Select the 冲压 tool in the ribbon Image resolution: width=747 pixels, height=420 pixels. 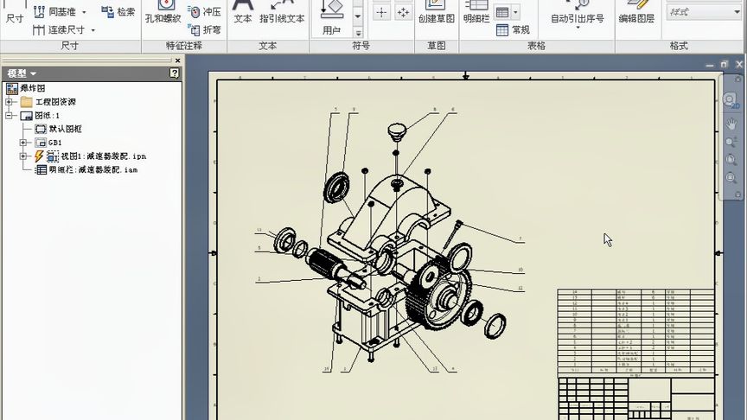tap(205, 12)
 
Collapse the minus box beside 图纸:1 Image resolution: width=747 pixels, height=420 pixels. tap(9, 115)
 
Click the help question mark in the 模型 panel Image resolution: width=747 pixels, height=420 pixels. tap(174, 73)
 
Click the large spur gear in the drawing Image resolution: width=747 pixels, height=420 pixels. tap(440, 295)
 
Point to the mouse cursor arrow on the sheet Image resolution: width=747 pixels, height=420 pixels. tap(608, 239)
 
